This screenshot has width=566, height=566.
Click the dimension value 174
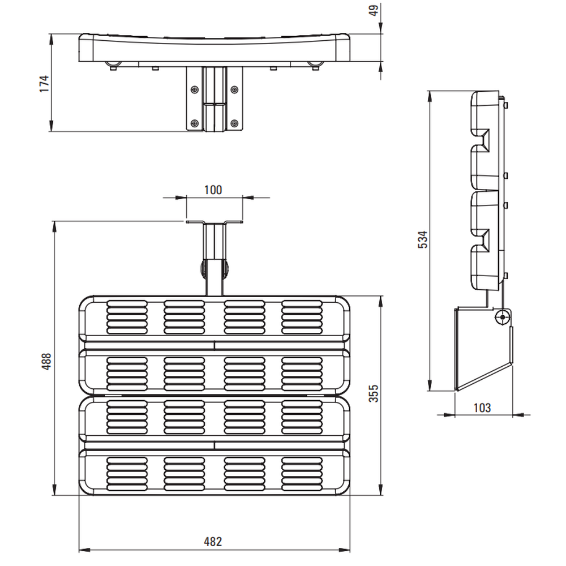click(x=44, y=84)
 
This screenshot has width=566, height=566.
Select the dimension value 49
click(x=374, y=10)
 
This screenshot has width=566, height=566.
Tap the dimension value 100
click(x=213, y=190)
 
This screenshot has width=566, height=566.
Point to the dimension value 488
click(x=46, y=361)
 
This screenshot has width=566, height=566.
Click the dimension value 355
click(x=374, y=393)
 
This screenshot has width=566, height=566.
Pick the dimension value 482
click(x=213, y=542)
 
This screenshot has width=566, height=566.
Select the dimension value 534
click(x=422, y=239)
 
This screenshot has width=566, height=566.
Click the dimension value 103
click(x=482, y=408)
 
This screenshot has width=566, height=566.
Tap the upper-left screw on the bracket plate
click(x=195, y=89)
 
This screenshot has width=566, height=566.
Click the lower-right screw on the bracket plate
click(x=234, y=123)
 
